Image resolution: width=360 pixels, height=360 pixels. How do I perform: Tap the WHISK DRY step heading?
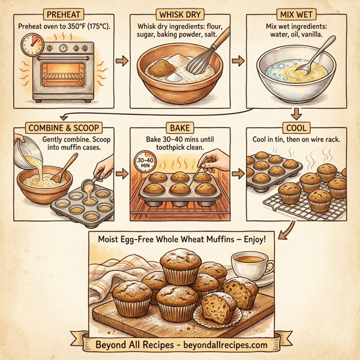point(179,13)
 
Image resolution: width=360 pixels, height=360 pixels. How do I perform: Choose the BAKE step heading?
point(179,127)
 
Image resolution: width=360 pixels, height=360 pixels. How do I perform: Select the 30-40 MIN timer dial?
point(145,163)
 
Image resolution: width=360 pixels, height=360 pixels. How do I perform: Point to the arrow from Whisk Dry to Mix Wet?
point(237,60)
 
